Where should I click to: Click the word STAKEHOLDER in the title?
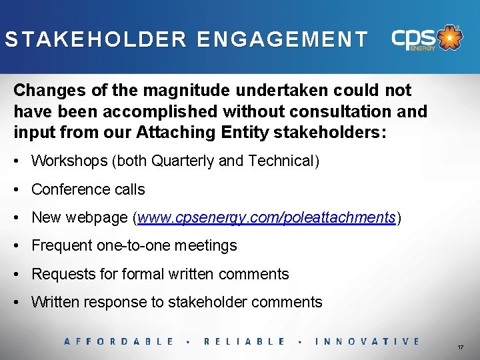tap(96, 39)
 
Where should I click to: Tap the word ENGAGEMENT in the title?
tap(282, 39)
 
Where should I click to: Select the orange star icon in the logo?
tap(452, 37)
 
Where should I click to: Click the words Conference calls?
tap(88, 189)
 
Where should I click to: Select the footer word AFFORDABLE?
tap(119, 341)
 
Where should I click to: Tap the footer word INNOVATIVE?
tap(367, 341)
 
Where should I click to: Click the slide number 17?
tap(461, 348)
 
